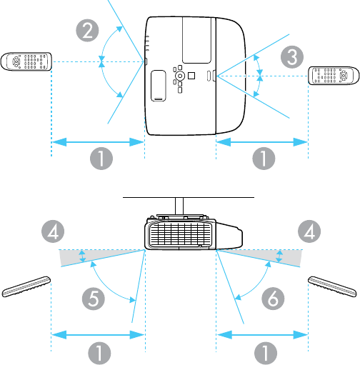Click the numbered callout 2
click(x=87, y=31)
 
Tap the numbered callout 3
click(x=292, y=57)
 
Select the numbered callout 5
click(x=94, y=299)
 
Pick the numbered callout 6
click(x=273, y=298)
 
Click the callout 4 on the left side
click(x=53, y=231)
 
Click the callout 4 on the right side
click(x=309, y=231)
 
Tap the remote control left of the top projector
click(x=26, y=61)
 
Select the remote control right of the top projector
click(x=334, y=76)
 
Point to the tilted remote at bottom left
click(x=26, y=286)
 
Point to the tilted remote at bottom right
click(x=333, y=286)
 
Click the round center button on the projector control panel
click(x=180, y=76)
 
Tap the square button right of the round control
click(x=191, y=76)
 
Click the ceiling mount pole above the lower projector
click(x=179, y=206)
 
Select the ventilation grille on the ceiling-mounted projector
click(x=180, y=234)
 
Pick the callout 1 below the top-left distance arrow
click(x=101, y=159)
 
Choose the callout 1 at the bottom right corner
click(x=266, y=354)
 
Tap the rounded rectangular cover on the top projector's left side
click(x=159, y=86)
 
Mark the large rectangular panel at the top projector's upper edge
click(x=196, y=40)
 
